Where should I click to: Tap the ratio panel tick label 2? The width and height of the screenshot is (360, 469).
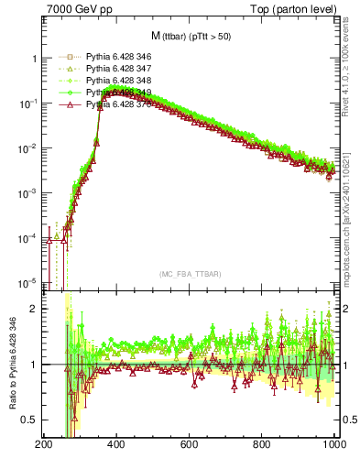[33, 309]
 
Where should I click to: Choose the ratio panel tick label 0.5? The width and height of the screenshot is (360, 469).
[27, 420]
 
